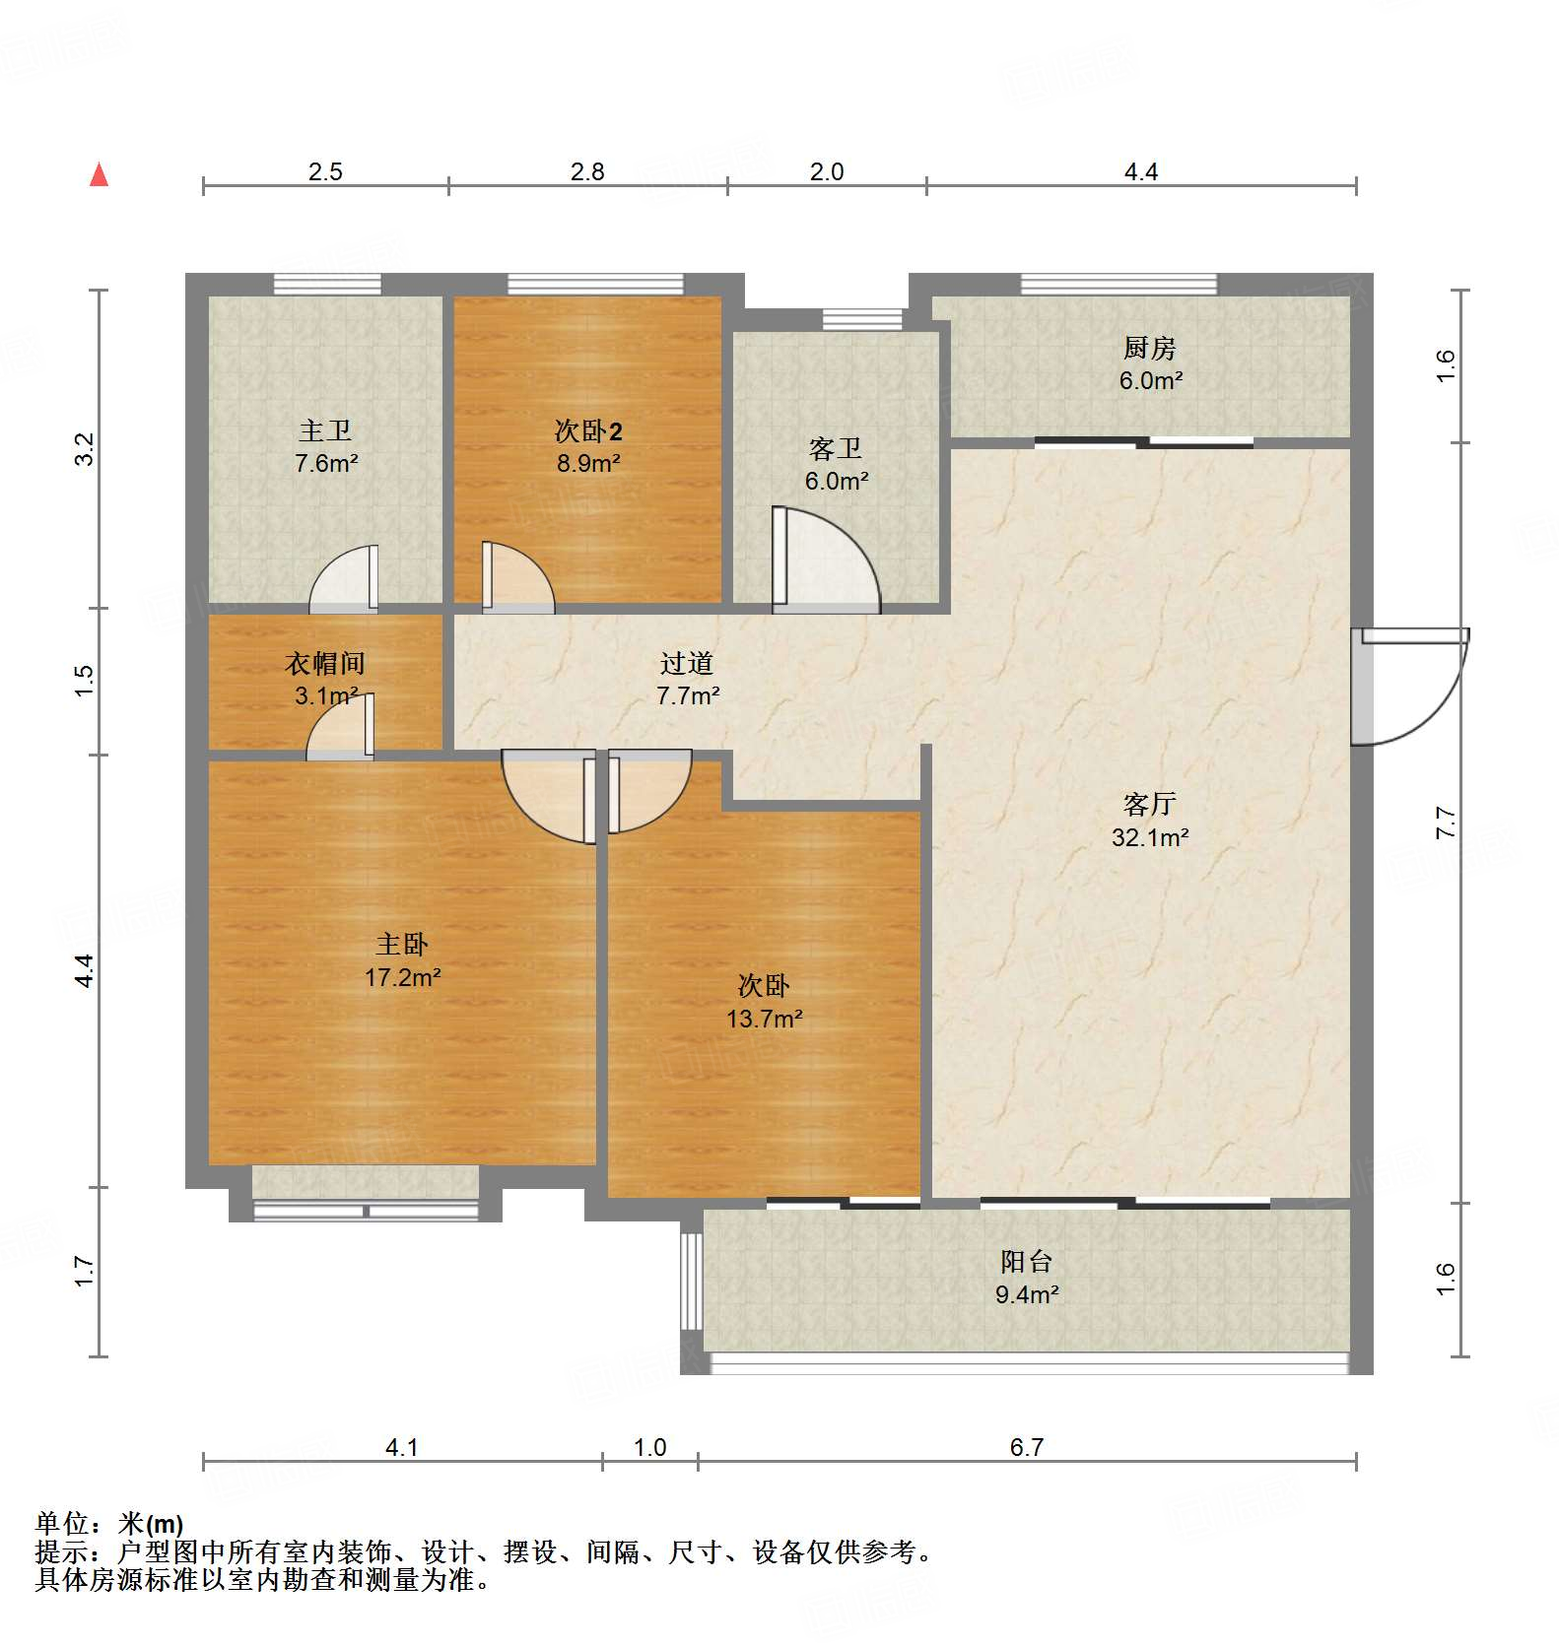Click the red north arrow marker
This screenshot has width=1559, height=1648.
99,174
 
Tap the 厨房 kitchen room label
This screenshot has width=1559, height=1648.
1149,348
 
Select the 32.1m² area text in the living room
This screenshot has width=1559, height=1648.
1150,837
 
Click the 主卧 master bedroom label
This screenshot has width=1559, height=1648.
402,945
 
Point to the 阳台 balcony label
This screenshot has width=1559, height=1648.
1027,1261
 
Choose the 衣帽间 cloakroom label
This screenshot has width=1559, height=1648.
325,663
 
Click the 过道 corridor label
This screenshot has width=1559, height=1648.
687,663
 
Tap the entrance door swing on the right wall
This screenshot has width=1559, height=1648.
1409,686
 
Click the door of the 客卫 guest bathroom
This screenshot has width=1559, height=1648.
825,559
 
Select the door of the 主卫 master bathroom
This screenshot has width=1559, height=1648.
344,578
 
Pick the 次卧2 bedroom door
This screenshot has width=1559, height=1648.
517,577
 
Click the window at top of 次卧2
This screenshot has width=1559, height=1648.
595,285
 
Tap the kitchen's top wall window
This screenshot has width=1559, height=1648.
1118,285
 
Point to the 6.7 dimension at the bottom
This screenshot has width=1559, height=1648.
1027,1447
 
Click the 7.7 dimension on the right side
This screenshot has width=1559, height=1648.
1445,823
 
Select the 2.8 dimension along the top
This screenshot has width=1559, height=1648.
587,171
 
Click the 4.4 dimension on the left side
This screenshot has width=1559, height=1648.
85,970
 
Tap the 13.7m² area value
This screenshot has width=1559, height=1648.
765,1019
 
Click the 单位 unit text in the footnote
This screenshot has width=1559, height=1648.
62,1524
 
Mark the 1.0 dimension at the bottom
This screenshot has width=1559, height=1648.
650,1447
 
